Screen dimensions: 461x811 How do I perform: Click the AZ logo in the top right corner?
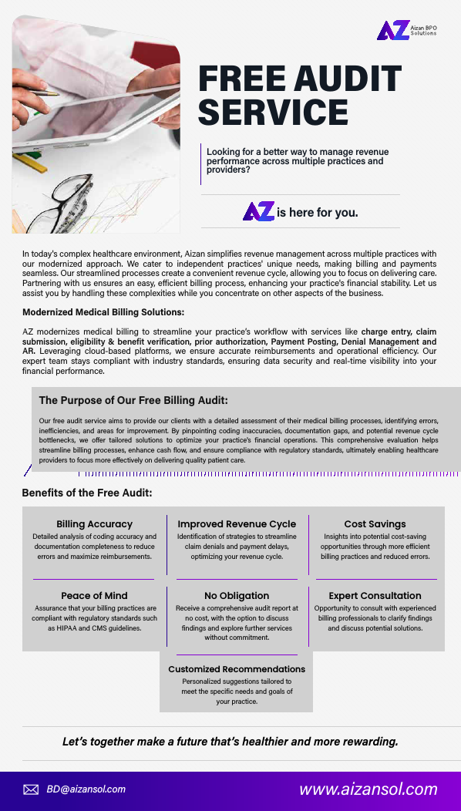pyautogui.click(x=392, y=31)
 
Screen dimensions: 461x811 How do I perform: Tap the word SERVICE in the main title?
pyautogui.click(x=273, y=112)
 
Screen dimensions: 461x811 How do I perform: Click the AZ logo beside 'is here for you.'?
pyautogui.click(x=258, y=212)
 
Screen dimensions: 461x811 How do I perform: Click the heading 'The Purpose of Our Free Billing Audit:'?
pyautogui.click(x=133, y=400)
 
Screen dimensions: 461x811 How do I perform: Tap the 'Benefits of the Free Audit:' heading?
pyautogui.click(x=86, y=493)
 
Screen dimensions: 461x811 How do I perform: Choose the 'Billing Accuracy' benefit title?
pyautogui.click(x=94, y=524)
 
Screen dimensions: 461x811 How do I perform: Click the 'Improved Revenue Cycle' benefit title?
pyautogui.click(x=237, y=524)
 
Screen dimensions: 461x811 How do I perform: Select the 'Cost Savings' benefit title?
pyautogui.click(x=375, y=524)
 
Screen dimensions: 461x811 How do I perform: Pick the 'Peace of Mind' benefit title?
pyautogui.click(x=94, y=596)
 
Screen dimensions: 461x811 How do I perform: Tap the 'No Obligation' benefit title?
pyautogui.click(x=237, y=596)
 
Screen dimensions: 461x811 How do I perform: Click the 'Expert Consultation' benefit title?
pyautogui.click(x=375, y=596)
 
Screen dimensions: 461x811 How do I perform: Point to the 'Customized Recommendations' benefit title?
pyautogui.click(x=237, y=669)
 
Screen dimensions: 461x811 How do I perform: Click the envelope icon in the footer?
pyautogui.click(x=31, y=789)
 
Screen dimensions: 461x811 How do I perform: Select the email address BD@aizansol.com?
pyautogui.click(x=86, y=789)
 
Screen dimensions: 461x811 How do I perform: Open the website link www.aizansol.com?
pyautogui.click(x=368, y=789)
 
